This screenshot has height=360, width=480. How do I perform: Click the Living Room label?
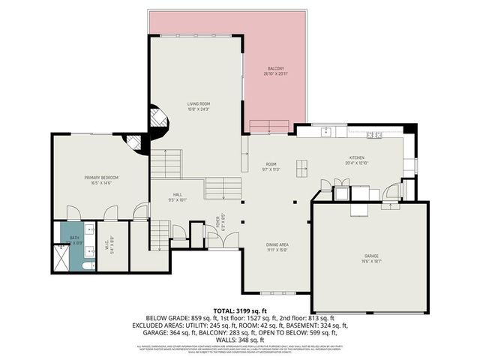199,103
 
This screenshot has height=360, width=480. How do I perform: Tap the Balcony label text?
274,68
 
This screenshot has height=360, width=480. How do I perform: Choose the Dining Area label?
277,244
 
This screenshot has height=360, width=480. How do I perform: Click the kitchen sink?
327,132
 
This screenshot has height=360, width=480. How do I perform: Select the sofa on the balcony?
269,125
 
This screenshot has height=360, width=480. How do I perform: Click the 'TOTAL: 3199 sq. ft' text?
239,310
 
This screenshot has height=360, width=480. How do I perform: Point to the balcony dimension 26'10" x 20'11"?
274,73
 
